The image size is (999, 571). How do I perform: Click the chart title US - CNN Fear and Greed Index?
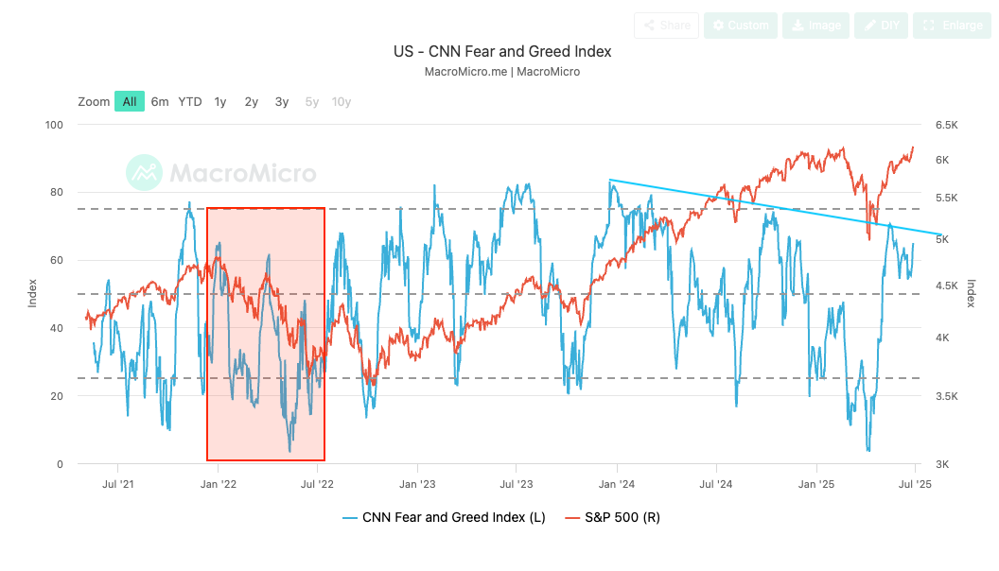502,51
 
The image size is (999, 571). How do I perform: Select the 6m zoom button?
160,101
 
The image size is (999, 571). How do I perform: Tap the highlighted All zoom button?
130,101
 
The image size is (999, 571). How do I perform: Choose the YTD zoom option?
190,101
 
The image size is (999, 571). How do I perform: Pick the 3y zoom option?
282,101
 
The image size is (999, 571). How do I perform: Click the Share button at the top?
666,26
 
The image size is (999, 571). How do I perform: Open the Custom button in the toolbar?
740,26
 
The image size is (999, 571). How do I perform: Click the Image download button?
815,26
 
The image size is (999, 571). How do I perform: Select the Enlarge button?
953,26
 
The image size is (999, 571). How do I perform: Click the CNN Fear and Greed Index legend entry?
444,517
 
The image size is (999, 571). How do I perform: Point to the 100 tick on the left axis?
53,125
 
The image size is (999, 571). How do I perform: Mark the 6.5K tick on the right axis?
947,125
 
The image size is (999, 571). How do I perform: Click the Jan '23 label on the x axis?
416,484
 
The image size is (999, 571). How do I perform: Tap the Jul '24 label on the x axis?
716,484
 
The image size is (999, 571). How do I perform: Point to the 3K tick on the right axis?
943,464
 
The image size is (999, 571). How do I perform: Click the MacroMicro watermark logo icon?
144,172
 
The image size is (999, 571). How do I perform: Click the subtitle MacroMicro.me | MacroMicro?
502,72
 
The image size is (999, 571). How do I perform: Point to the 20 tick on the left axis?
56,396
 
